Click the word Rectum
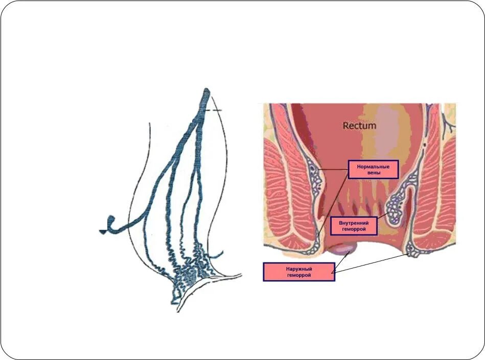coord(359,125)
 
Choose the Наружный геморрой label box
coord(298,272)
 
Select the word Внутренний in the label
coord(354,223)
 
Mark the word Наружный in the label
coord(298,269)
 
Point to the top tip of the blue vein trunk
coord(206,91)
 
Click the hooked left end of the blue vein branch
coord(110,223)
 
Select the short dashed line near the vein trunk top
coord(215,110)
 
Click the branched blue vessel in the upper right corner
coord(448,120)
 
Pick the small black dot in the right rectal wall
coord(425,145)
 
